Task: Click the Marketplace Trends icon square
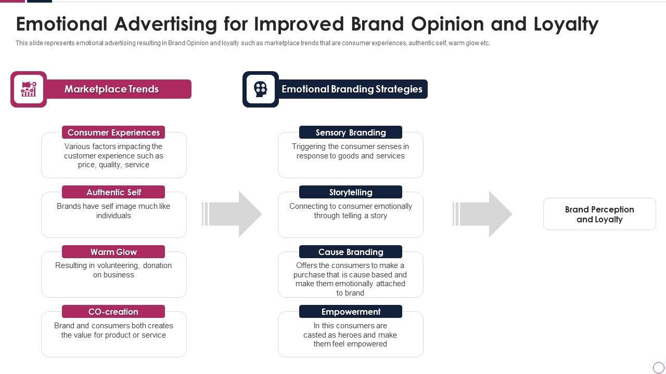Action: pos(29,89)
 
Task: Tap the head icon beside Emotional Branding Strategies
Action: pos(260,89)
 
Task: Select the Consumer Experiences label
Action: pos(113,132)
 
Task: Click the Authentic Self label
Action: pos(113,192)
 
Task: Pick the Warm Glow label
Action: pos(113,252)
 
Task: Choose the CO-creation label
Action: pos(113,312)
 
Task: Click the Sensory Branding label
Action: pos(351,132)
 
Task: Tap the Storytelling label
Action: pos(351,192)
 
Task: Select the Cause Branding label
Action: pos(351,252)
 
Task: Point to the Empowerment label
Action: pos(351,312)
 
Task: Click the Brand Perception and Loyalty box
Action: pos(599,214)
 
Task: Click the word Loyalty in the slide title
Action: pos(566,24)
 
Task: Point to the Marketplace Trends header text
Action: pos(111,89)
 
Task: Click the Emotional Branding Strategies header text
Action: pos(352,89)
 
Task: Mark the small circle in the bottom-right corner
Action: pos(659,367)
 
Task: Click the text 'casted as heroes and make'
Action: pos(350,335)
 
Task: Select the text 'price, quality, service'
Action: pos(113,165)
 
